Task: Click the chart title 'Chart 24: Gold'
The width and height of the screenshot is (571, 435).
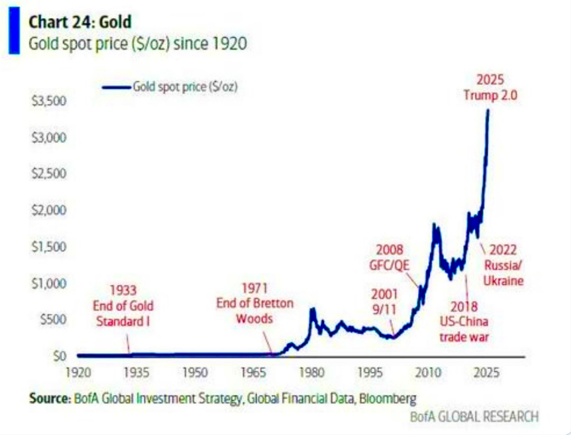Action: click(80, 22)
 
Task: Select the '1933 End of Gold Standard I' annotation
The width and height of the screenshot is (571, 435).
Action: click(123, 306)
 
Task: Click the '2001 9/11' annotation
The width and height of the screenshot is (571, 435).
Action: click(384, 303)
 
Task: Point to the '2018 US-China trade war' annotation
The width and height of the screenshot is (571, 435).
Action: click(464, 321)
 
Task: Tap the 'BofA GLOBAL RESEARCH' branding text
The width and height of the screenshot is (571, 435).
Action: click(474, 416)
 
